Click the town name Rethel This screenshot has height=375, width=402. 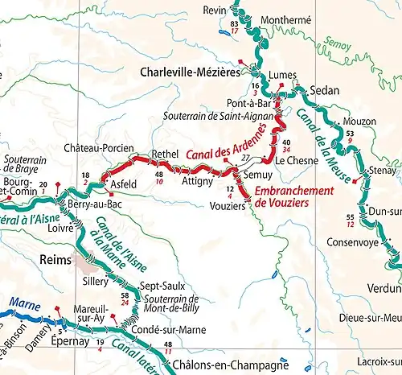(x=165, y=154)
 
